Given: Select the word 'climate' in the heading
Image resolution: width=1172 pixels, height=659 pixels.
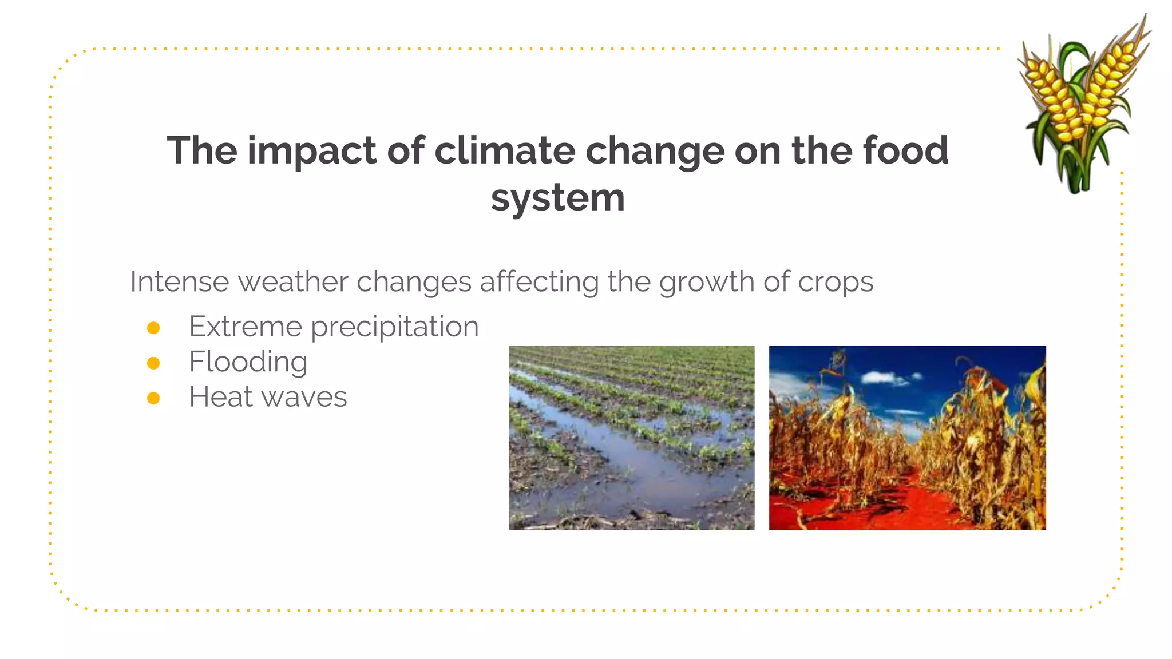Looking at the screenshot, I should pyautogui.click(x=504, y=151).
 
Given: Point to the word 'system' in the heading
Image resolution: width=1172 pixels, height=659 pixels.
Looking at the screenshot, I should pyautogui.click(x=557, y=199).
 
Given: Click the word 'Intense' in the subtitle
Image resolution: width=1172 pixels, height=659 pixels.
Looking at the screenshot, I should pyautogui.click(x=179, y=281).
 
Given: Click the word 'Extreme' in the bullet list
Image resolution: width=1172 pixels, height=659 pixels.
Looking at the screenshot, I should pyautogui.click(x=245, y=327).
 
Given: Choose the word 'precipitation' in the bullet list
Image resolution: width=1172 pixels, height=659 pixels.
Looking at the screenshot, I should pyautogui.click(x=395, y=328).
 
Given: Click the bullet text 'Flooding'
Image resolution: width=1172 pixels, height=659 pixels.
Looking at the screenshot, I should pyautogui.click(x=248, y=362).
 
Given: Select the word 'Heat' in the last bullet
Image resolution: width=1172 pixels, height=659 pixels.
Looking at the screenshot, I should pyautogui.click(x=220, y=397).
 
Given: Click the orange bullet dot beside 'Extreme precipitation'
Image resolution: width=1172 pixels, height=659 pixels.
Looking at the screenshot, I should pyautogui.click(x=153, y=328).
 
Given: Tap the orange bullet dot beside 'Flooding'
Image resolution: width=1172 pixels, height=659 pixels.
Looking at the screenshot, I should pyautogui.click(x=153, y=363).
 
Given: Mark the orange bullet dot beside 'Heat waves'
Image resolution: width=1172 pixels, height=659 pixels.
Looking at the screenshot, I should pyautogui.click(x=153, y=398).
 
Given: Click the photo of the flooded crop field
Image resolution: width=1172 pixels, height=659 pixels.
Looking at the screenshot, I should pyautogui.click(x=631, y=438).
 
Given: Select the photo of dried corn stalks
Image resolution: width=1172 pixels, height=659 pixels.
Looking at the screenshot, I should pyautogui.click(x=907, y=438).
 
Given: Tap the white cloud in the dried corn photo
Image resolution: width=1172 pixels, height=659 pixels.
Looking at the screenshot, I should pyautogui.click(x=884, y=378).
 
